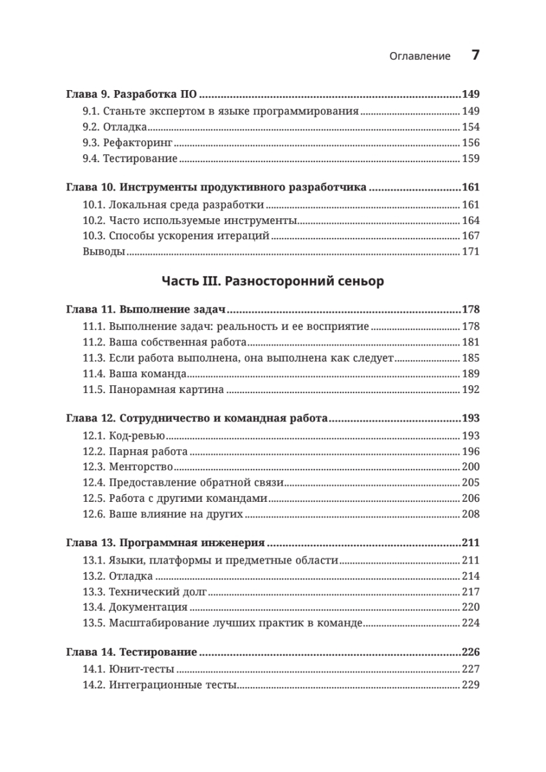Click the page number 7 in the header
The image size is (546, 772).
[x=475, y=55]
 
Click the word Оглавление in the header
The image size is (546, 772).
[x=420, y=56]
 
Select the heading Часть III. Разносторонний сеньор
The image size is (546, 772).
[x=273, y=281]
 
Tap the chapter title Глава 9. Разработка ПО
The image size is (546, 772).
[x=132, y=95]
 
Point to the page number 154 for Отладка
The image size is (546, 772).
[x=471, y=127]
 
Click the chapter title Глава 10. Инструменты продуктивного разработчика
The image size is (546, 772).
[x=217, y=188]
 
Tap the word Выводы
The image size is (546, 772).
[x=104, y=252]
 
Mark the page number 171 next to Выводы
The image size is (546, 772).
[x=471, y=252]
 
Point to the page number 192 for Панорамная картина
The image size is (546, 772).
[x=471, y=390]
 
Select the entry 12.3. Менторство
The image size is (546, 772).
[x=129, y=467]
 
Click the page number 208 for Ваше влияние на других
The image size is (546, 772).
[x=471, y=514]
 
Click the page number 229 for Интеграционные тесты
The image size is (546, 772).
[x=471, y=685]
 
